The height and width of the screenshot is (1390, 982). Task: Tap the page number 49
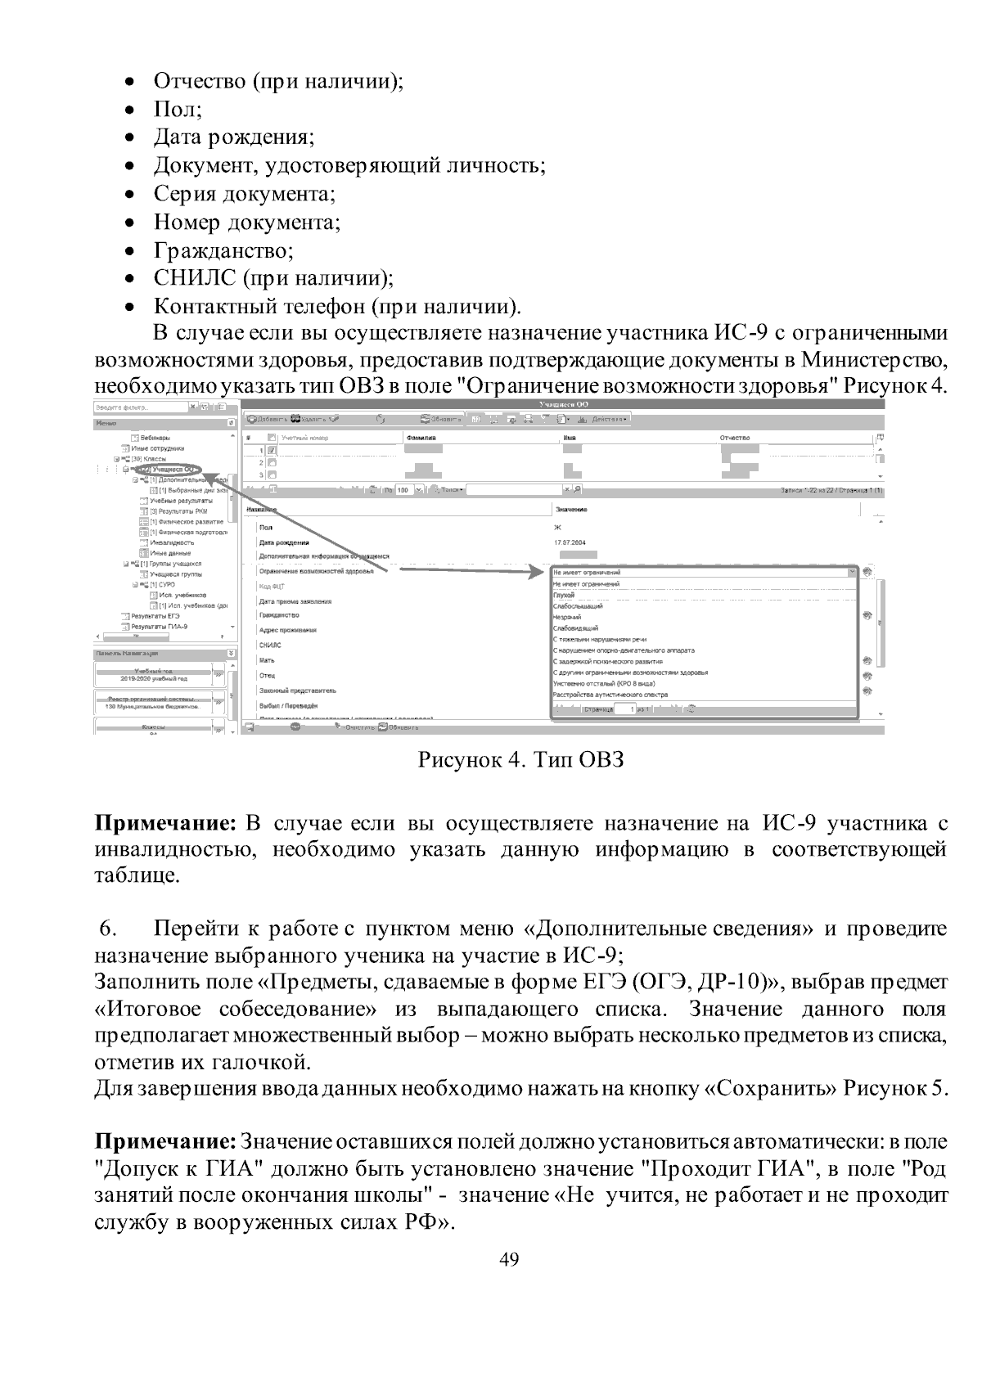(508, 1259)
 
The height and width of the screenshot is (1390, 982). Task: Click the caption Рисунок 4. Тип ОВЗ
(521, 760)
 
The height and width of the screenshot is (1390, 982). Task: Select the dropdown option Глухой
(564, 596)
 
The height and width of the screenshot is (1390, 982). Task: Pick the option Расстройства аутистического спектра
(610, 695)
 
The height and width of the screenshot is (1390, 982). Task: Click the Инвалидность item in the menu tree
(172, 542)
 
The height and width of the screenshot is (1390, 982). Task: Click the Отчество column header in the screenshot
(735, 439)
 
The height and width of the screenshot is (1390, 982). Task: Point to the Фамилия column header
(421, 439)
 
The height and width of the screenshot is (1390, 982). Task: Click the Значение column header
(570, 510)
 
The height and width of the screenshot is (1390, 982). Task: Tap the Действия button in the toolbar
(609, 419)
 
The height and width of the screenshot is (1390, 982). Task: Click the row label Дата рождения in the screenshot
(284, 542)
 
